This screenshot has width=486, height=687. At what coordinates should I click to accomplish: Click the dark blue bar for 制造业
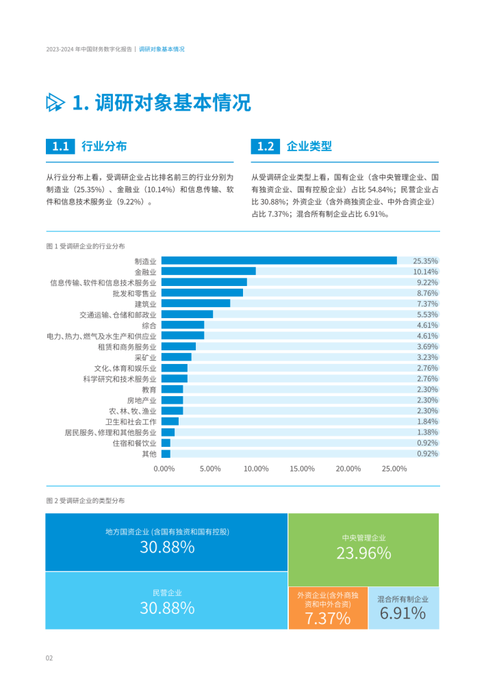click(279, 261)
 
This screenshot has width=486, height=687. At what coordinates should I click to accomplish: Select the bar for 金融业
click(208, 271)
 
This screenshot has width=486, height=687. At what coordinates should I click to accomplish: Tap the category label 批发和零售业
click(134, 293)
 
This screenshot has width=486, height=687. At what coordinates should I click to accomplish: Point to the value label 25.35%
click(426, 261)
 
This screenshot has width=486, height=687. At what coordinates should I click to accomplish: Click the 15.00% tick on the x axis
click(302, 469)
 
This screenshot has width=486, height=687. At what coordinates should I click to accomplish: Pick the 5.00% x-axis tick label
click(210, 469)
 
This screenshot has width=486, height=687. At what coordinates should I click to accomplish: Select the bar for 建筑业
click(195, 303)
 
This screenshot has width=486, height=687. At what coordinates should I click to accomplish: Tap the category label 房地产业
click(142, 400)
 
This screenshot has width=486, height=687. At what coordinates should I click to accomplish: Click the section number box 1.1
click(60, 146)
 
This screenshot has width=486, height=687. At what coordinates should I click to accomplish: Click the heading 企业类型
click(309, 146)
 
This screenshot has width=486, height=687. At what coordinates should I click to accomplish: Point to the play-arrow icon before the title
click(55, 103)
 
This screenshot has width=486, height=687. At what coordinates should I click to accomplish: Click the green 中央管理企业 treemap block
click(363, 549)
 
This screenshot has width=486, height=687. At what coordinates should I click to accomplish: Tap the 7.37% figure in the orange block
click(328, 619)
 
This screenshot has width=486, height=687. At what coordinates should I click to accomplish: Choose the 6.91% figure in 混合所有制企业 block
click(403, 614)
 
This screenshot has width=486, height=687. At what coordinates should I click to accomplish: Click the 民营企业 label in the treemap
click(167, 593)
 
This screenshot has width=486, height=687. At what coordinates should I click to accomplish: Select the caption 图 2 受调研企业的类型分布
click(86, 501)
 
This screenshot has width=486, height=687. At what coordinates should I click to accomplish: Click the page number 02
click(49, 658)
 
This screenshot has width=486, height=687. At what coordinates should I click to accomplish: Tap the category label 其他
click(149, 454)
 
